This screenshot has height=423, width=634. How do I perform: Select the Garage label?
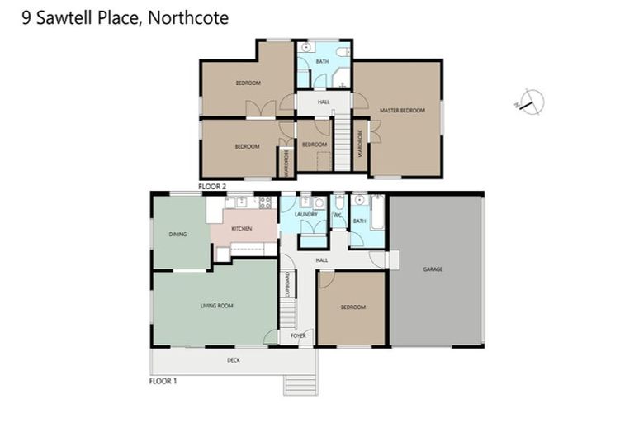(x=433, y=269)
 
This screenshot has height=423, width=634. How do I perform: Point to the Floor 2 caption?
(x=212, y=188)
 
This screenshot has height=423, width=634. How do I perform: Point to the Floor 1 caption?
(x=163, y=381)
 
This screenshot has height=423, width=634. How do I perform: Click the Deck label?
(x=234, y=360)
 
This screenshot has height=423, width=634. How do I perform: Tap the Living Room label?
(x=216, y=306)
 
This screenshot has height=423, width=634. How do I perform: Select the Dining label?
(x=177, y=235)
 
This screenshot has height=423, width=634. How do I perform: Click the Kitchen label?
(x=241, y=228)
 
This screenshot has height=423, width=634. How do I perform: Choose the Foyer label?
(x=298, y=335)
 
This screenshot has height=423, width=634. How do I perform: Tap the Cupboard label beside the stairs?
(x=287, y=285)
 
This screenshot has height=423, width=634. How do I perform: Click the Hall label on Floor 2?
(x=324, y=102)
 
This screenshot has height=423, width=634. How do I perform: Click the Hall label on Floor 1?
(x=321, y=260)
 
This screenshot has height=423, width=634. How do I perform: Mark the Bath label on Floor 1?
(x=359, y=221)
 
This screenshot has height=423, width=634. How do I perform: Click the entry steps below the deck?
(x=300, y=384)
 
